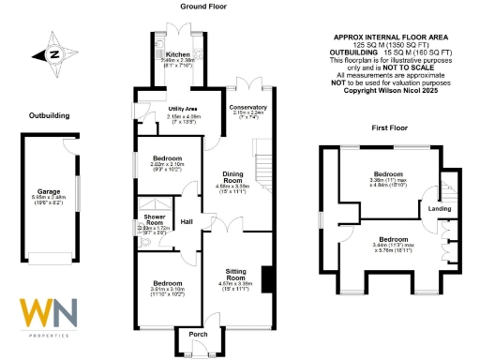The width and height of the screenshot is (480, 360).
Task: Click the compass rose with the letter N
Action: click(x=53, y=53)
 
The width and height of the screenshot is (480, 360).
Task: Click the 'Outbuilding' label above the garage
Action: click(x=49, y=115)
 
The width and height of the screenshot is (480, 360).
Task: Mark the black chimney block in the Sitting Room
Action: click(x=267, y=279)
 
